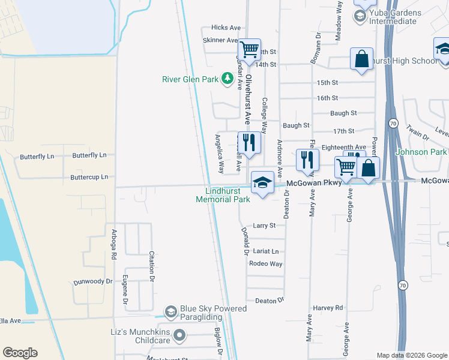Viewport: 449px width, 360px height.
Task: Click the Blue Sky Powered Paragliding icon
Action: (171, 311)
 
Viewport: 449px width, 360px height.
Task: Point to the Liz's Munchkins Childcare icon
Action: (179, 335)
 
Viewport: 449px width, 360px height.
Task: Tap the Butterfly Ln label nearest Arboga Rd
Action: (89, 155)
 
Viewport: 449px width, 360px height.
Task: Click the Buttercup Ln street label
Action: (89, 177)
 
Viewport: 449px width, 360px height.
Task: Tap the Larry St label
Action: (264, 226)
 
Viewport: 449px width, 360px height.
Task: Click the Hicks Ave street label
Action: (226, 28)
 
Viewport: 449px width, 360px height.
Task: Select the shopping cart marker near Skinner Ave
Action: (249, 49)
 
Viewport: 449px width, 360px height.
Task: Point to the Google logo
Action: (20, 353)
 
